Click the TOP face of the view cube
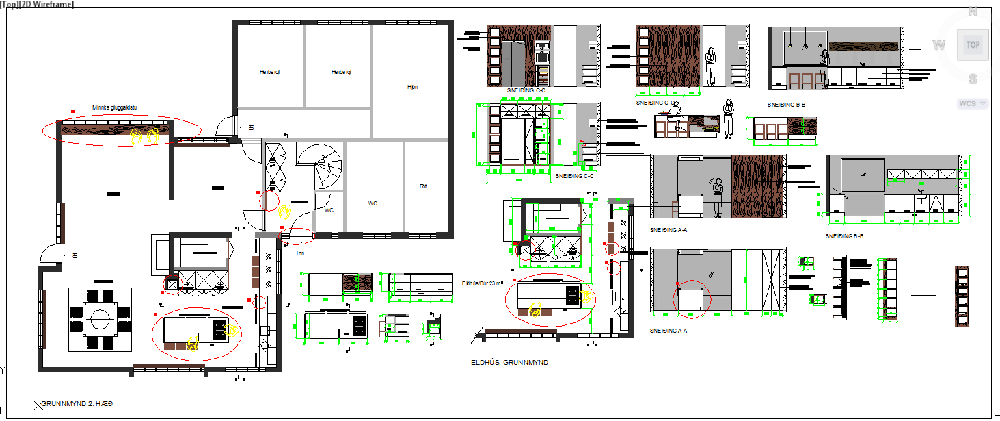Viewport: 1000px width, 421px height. (972, 44)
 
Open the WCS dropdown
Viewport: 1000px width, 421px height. (973, 103)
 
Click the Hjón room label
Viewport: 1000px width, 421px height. (412, 87)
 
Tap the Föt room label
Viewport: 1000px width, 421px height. (423, 186)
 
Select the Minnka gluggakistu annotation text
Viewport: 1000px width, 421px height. (115, 107)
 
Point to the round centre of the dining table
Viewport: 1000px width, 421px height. (100, 319)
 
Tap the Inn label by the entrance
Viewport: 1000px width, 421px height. (299, 253)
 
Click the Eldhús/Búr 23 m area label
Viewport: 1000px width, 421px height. (482, 282)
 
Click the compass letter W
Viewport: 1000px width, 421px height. (939, 45)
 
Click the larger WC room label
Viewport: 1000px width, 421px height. (373, 203)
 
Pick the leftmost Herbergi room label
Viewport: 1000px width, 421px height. (270, 72)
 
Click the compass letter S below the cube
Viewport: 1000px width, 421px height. (973, 79)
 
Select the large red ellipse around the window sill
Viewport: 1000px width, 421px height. (122, 130)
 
